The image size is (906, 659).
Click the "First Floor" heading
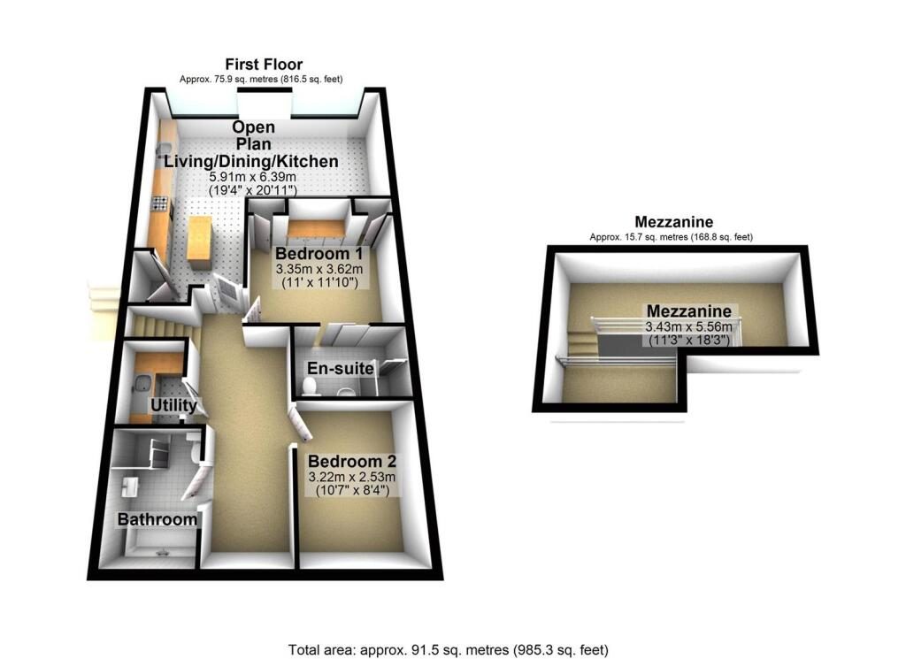[264, 65]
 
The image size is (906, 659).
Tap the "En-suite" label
[341, 368]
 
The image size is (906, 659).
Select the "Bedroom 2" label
[352, 462]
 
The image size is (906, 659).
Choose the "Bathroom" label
[157, 519]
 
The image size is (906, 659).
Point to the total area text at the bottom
[449, 648]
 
